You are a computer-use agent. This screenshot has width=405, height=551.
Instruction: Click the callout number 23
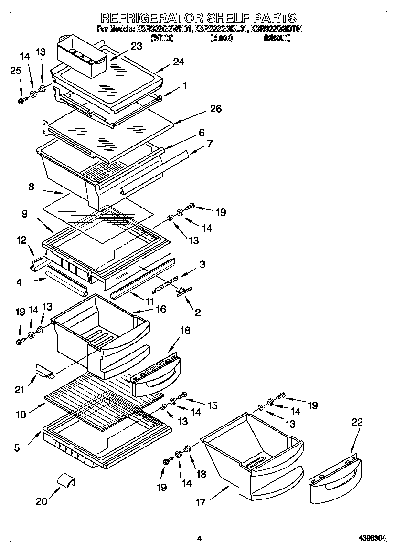(x=136, y=46)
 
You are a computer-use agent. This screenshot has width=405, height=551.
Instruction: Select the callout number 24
(x=179, y=62)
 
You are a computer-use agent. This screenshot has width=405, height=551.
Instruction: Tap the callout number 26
(x=216, y=109)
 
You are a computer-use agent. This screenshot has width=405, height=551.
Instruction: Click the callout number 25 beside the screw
(x=16, y=71)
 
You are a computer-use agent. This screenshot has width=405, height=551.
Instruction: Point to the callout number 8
(x=31, y=187)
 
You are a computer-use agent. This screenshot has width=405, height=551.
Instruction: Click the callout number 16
(x=160, y=309)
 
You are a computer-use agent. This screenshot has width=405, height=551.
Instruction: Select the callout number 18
(x=184, y=331)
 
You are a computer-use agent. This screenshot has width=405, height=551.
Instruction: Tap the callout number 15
(x=212, y=405)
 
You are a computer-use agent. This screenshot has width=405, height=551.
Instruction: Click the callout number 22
(x=357, y=422)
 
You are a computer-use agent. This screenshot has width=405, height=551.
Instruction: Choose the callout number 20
(x=42, y=501)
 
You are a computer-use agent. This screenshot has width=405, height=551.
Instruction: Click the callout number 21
(x=20, y=390)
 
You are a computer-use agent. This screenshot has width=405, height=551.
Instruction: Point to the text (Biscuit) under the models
(x=277, y=38)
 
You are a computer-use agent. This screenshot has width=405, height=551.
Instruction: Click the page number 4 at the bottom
(x=199, y=539)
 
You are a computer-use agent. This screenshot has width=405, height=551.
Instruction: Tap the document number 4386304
(x=372, y=539)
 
